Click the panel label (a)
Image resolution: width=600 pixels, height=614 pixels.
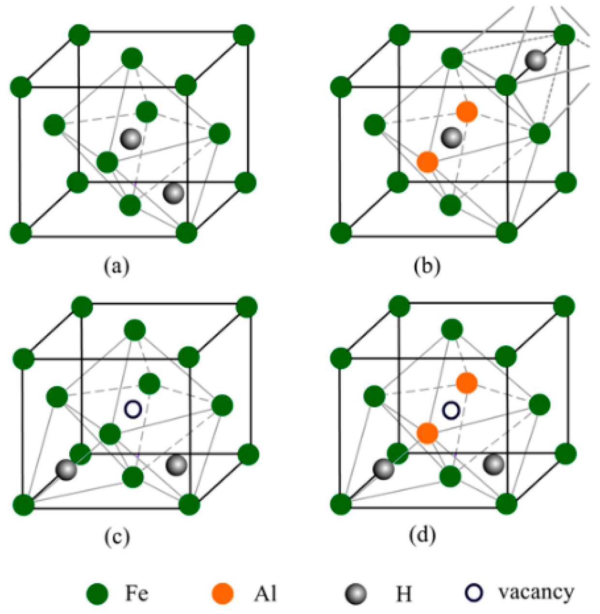117,266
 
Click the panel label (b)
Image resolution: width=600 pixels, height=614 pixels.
426,266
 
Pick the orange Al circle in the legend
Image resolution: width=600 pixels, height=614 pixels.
223,593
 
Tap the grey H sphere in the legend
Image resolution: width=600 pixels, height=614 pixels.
356,594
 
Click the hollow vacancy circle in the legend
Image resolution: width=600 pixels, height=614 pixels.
474,593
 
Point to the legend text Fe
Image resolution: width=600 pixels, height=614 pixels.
137,593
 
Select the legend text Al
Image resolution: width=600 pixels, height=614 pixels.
265,593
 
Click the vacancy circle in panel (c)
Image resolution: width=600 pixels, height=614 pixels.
133,409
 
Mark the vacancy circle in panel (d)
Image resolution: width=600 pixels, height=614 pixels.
451,410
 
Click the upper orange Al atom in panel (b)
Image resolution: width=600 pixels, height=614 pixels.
467,112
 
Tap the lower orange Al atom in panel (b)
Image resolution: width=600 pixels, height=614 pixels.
427,162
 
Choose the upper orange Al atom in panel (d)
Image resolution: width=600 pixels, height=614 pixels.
467,383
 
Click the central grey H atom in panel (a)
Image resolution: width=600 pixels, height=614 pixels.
131,139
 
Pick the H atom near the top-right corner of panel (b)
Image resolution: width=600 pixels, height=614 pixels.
536,60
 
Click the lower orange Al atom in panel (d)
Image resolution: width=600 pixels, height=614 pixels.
427,433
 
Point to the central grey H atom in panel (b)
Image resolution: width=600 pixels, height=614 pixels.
451,138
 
